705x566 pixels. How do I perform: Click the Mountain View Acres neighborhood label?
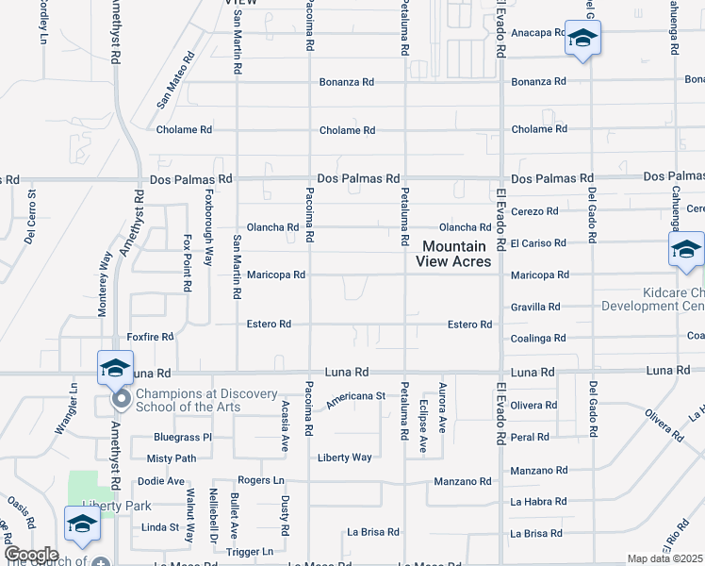(x=456, y=253)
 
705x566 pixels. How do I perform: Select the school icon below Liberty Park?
(x=82, y=524)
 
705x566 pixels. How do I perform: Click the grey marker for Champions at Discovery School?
(x=121, y=400)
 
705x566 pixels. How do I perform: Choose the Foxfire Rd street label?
(x=151, y=336)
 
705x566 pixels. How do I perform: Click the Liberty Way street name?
(x=344, y=458)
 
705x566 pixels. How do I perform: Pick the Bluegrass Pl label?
(x=183, y=438)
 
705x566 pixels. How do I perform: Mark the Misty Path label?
(x=172, y=458)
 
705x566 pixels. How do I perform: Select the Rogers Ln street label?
(x=261, y=480)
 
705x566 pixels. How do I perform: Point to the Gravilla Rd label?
(x=535, y=307)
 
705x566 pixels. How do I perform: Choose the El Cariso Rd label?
(x=539, y=242)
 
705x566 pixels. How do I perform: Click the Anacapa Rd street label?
(x=537, y=32)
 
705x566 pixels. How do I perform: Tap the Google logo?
(x=30, y=555)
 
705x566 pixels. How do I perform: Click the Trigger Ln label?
(x=250, y=551)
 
